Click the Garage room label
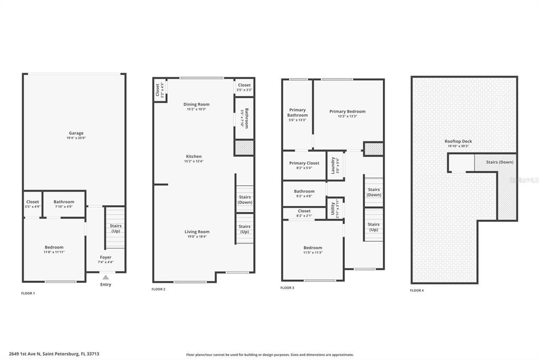[76, 133]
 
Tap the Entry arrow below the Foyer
[105, 277]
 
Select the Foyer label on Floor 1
[105, 258]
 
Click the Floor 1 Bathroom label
[64, 202]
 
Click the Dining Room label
[197, 105]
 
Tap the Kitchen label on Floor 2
[194, 156]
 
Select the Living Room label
[197, 232]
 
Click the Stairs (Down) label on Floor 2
[245, 200]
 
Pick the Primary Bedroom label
[348, 111]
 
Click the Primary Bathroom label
[297, 112]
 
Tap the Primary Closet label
[304, 163]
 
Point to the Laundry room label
[333, 165]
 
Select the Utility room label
[333, 207]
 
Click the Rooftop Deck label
[458, 141]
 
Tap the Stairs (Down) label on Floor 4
[499, 162]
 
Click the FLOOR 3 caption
[287, 288]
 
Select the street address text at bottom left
[54, 354]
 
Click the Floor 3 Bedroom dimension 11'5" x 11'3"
[313, 252]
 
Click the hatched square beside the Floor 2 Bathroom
[244, 148]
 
